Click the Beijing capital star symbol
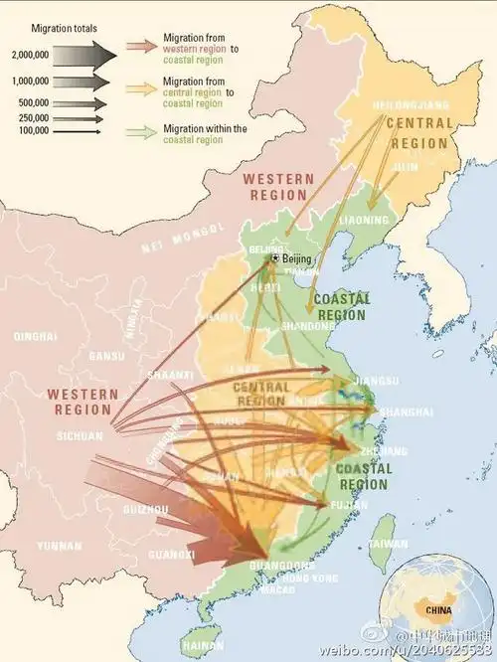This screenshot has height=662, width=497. (274, 258)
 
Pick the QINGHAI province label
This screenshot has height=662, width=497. (35, 337)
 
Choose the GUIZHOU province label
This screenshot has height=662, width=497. (145, 509)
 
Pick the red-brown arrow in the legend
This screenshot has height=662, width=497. (142, 47)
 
